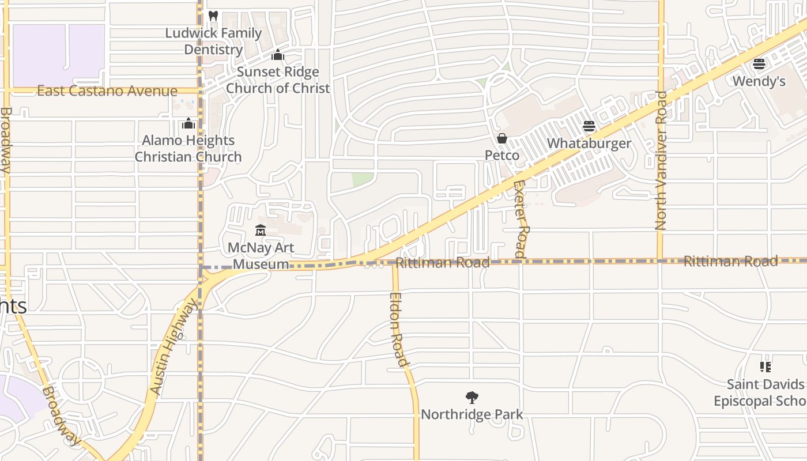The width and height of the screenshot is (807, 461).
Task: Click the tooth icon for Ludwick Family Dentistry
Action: pos(213,16)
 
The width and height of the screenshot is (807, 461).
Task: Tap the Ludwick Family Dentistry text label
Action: pos(213,41)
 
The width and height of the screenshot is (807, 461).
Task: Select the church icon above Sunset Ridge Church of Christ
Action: pos(278,55)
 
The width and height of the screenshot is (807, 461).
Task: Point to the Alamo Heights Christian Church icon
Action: pos(188,124)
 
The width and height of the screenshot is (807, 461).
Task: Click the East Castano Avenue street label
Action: pos(107,91)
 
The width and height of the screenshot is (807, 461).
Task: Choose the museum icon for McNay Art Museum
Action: pos(261,231)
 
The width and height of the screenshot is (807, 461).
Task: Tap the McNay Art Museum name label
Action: pos(261,256)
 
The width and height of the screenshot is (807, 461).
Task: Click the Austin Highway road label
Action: pos(173,349)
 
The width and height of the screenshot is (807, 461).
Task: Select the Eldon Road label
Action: pos(398,330)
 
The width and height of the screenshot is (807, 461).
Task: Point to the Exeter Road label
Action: pos(520,219)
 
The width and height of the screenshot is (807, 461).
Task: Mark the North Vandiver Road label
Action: pos(661,160)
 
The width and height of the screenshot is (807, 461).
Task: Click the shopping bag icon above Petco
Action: pos(502,138)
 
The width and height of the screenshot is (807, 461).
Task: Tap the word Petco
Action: pos(502,155)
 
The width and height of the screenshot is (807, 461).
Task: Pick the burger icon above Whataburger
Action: pos(589,126)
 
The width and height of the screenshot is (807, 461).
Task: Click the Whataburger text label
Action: pos(589,143)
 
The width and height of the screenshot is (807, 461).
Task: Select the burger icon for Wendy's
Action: pos(759,64)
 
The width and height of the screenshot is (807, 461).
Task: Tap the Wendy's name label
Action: pos(759,81)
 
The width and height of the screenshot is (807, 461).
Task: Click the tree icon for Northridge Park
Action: pos(472,398)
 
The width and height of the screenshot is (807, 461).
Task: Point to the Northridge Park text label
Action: pos(472,414)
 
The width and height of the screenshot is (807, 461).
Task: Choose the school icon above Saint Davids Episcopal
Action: pos(765,367)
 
